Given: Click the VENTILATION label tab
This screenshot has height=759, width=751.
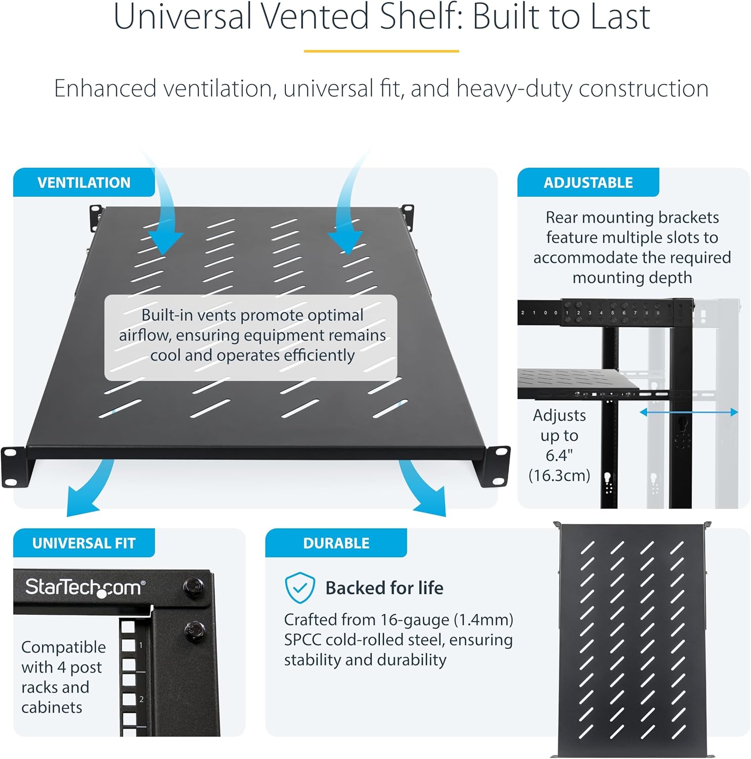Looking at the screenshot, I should coord(83,183).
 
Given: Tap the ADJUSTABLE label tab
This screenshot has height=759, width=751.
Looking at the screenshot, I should coord(588,183).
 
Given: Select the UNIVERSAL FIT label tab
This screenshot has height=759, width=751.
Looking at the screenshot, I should coord(84,543).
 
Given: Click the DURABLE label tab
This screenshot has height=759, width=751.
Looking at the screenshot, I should coord(336,543).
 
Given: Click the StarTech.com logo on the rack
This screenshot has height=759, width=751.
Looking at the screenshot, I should coord(85,587).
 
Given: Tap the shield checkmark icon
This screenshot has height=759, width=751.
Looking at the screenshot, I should coord(299,588).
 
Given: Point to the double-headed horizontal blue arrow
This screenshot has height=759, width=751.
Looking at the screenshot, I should coord(688,412).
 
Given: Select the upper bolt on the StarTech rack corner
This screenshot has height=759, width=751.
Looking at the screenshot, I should coord(194,586).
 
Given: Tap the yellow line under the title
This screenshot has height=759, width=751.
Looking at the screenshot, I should coord(381,51).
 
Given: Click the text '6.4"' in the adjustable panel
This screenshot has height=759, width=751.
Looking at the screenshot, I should coord(559,455).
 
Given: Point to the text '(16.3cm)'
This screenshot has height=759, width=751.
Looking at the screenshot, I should coord(559,476).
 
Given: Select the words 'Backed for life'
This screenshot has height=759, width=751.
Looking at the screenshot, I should coord(384,588).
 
